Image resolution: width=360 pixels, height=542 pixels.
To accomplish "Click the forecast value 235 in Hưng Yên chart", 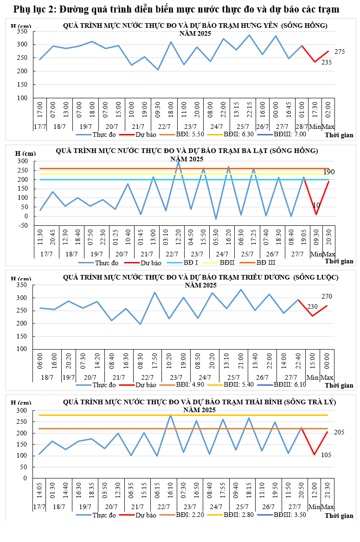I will [327, 62].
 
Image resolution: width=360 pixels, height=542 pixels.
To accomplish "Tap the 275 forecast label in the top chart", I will [340, 51].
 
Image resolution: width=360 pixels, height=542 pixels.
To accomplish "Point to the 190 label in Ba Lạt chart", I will [329, 172].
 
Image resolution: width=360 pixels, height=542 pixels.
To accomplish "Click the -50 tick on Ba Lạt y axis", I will [21, 225].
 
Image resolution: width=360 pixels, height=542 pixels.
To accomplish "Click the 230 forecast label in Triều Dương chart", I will [313, 307].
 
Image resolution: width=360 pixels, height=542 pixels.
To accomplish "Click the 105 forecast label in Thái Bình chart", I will [326, 455].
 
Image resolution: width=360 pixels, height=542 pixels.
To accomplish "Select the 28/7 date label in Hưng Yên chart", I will [302, 127].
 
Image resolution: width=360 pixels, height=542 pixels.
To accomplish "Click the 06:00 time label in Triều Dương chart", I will [40, 362].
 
